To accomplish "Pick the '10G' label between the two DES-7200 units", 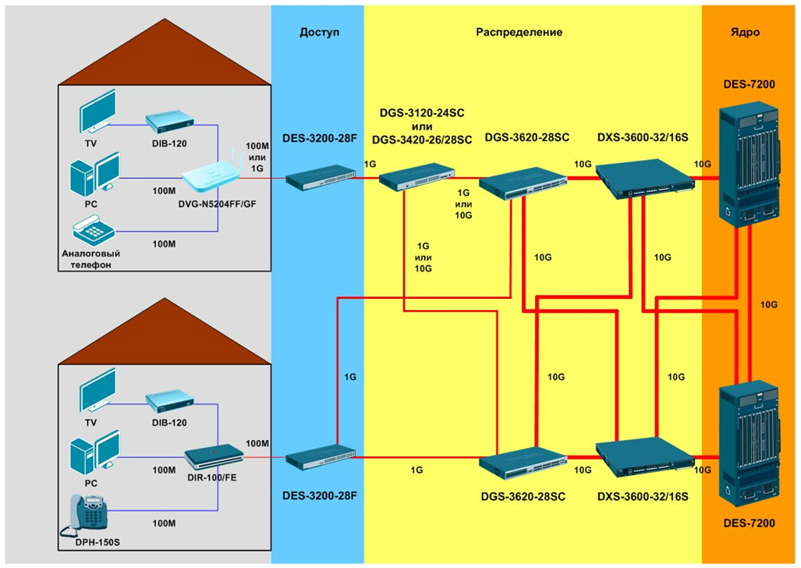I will coord(769,304).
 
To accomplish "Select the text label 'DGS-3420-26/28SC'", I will coord(422,140).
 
